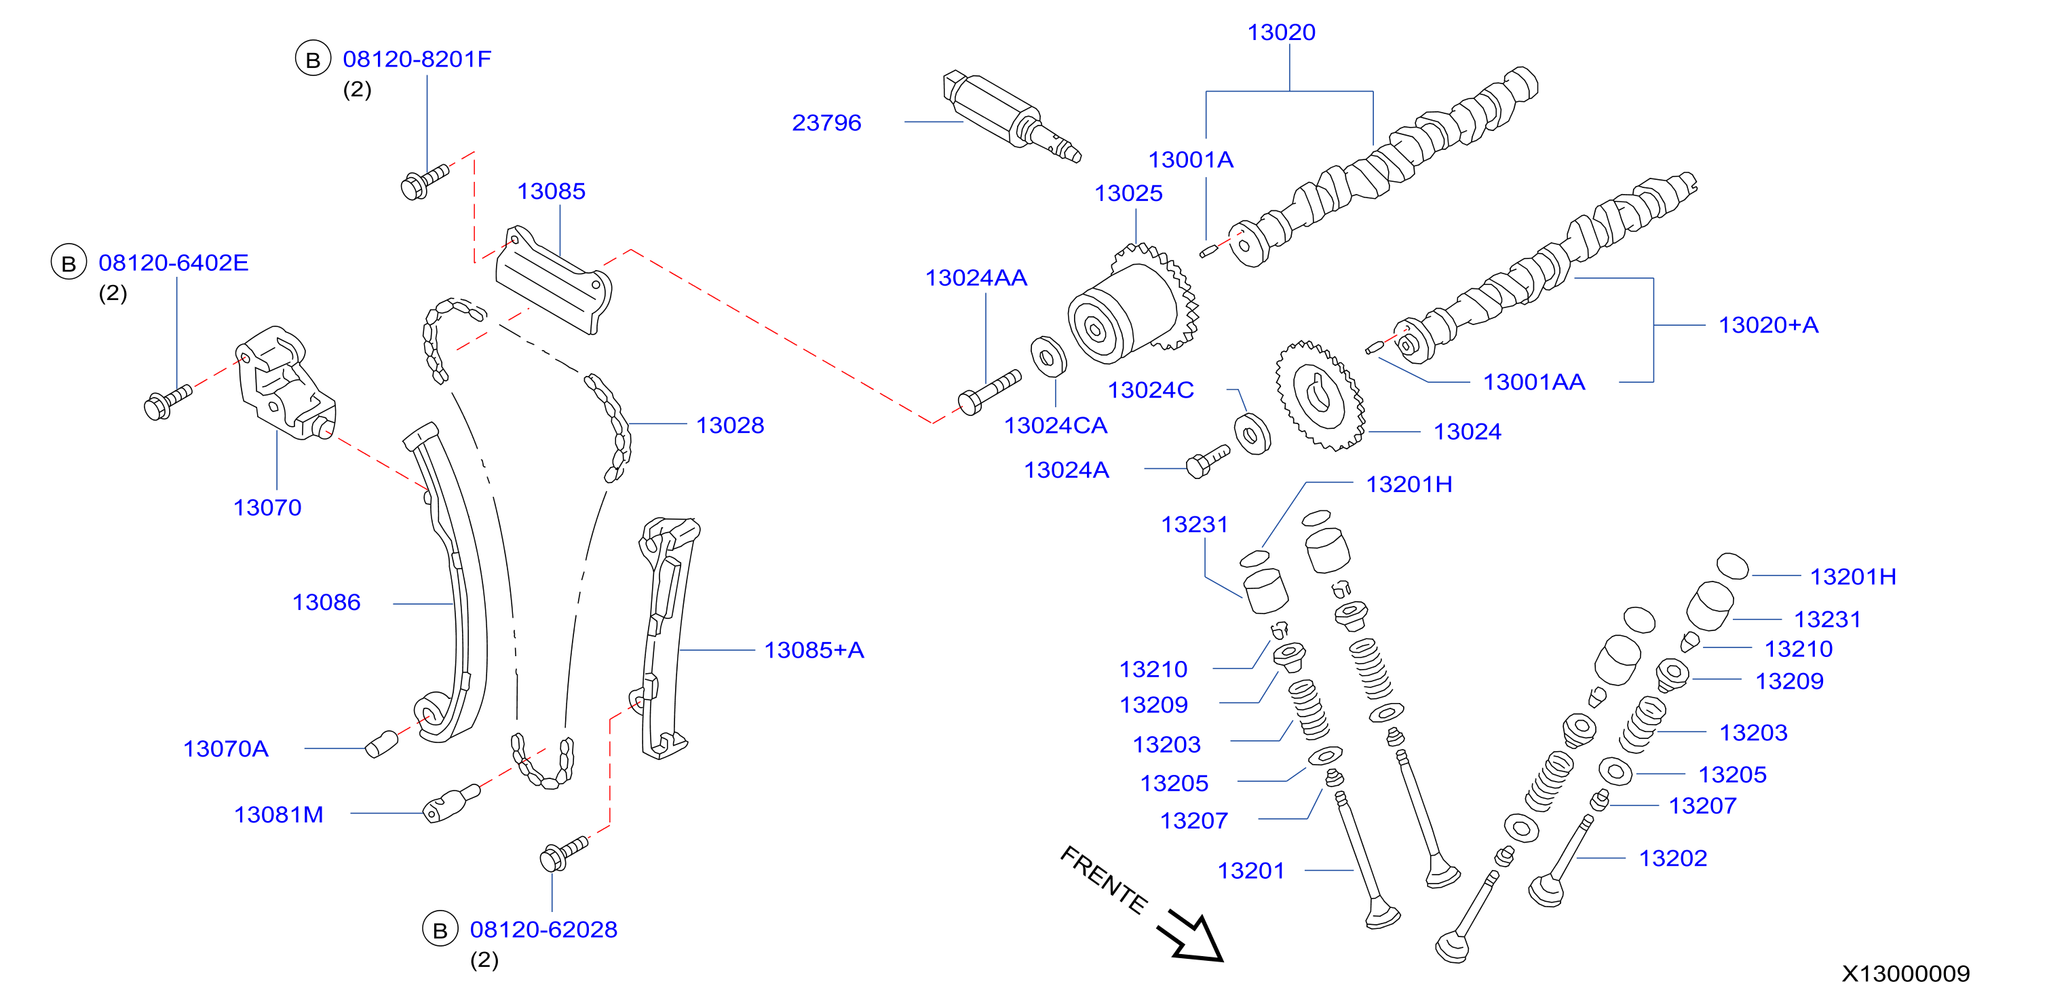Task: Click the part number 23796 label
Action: [x=826, y=123]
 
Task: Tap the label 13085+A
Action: [x=813, y=650]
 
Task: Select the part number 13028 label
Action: [x=730, y=425]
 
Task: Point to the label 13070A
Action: [x=226, y=748]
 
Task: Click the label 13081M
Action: [x=278, y=814]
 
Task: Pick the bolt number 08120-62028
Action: [x=543, y=929]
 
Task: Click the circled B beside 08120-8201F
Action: [x=313, y=59]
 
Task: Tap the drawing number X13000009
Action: [x=1906, y=974]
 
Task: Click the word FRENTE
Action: [x=1104, y=879]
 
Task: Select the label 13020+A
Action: [x=1768, y=324]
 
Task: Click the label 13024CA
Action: [x=1056, y=425]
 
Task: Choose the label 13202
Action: [x=1672, y=858]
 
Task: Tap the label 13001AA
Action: [x=1533, y=382]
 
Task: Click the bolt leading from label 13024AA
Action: [x=989, y=392]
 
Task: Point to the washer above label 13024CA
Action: [x=1048, y=357]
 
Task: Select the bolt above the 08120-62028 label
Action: [x=564, y=854]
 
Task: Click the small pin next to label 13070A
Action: [x=382, y=744]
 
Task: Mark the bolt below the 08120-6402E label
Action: [x=168, y=402]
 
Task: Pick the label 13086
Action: [x=326, y=602]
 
